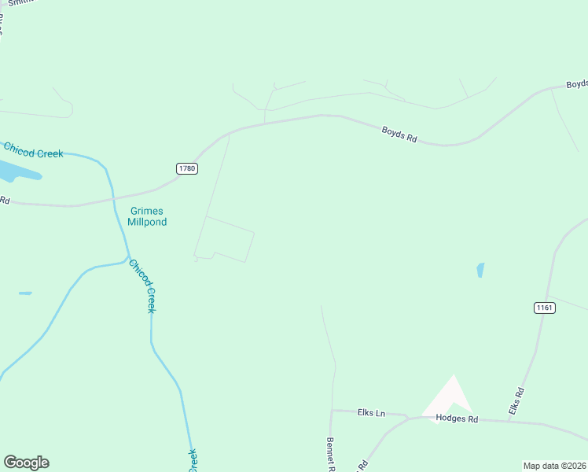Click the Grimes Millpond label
click(148, 216)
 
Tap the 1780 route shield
click(186, 168)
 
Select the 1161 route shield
click(544, 308)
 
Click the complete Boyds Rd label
click(399, 135)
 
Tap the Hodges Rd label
click(457, 419)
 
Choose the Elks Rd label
click(516, 401)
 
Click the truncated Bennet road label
click(331, 455)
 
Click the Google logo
click(26, 463)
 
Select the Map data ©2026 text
click(554, 466)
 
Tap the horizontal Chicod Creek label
click(33, 149)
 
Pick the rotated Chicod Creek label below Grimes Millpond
click(141, 286)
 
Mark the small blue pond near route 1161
click(480, 270)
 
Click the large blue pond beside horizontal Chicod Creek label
click(16, 171)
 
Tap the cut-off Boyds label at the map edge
click(577, 84)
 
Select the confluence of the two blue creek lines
click(128, 257)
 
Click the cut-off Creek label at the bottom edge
click(193, 460)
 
